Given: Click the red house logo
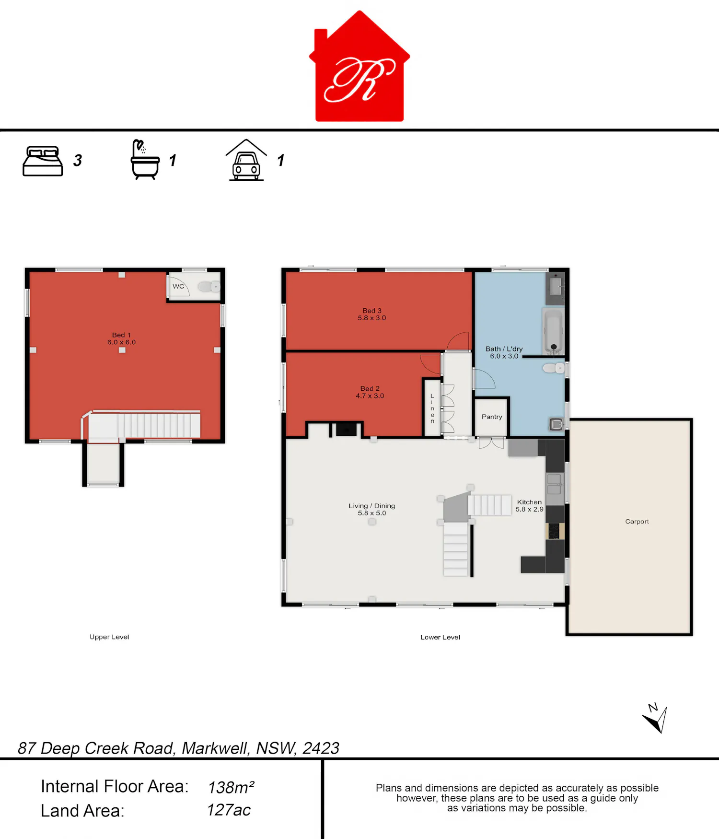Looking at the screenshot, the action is tap(359, 67).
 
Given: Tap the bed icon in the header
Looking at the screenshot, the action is tap(43, 161).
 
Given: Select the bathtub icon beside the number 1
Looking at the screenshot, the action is tap(145, 160).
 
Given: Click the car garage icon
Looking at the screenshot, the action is tap(246, 160).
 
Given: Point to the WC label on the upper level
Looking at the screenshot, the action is tap(178, 286).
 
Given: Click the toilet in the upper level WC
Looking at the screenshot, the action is tap(209, 287).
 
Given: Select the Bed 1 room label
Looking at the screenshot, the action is tap(121, 335).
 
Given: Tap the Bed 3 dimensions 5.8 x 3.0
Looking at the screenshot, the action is tap(371, 318).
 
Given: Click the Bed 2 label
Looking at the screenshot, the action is tap(370, 388).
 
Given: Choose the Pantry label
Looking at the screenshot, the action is tap(492, 417).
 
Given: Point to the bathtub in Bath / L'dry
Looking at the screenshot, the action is tap(553, 331).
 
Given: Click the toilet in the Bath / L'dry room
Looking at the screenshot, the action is tap(554, 368).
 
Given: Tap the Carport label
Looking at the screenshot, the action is tap(637, 521).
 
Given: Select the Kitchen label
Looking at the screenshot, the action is tap(529, 502).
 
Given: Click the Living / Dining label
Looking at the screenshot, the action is tap(371, 506).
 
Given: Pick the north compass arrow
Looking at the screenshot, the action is tap(656, 719).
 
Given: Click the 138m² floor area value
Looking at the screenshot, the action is tap(231, 787).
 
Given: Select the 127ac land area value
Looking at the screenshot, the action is tap(229, 810).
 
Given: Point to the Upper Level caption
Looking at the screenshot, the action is tap(109, 637).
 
